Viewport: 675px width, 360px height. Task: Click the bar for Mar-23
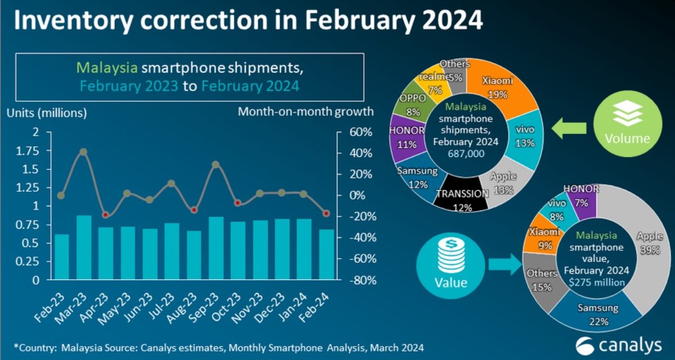(84, 247)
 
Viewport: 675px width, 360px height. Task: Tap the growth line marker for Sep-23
(215, 164)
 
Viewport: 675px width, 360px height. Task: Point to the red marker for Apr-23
(106, 215)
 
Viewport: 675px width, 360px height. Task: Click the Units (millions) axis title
(47, 112)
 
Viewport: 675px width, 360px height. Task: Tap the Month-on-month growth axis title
(305, 111)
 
